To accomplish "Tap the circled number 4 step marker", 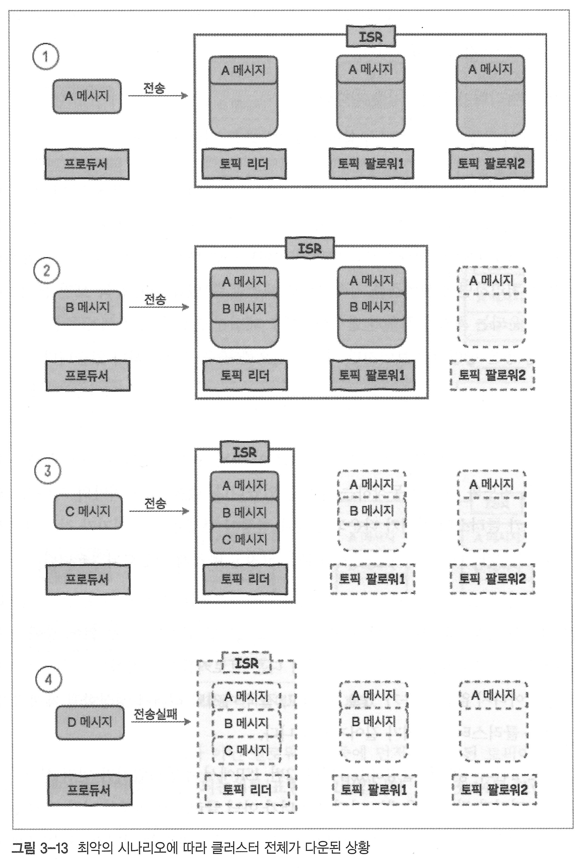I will [48, 680].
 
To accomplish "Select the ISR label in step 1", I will [371, 37].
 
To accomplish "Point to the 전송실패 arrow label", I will [155, 714].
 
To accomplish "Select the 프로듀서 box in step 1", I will [87, 164].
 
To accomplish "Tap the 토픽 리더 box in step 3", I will [245, 579].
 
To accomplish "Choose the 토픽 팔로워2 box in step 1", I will [491, 164].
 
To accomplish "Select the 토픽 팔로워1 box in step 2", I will [372, 375].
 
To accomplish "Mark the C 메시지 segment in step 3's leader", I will [244, 540].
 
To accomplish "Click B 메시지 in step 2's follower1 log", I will [372, 307].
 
